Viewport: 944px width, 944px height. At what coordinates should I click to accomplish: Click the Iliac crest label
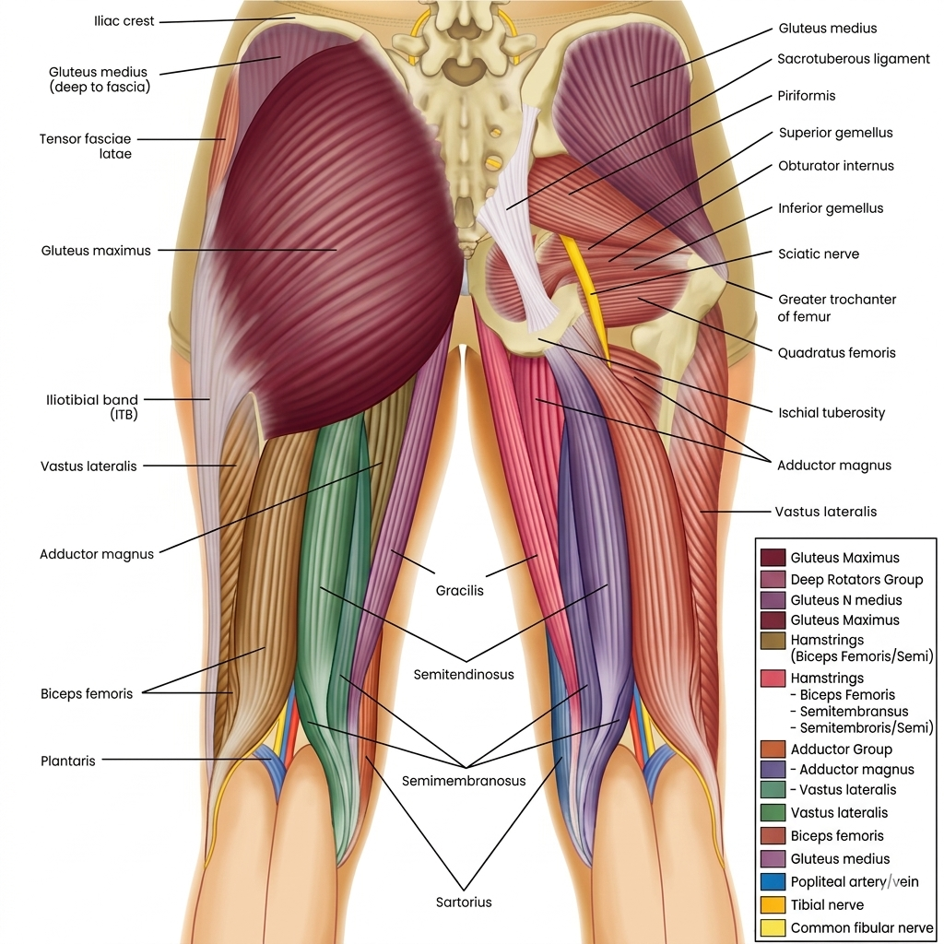tap(124, 21)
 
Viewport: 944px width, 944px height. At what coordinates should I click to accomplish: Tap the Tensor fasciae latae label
tap(86, 147)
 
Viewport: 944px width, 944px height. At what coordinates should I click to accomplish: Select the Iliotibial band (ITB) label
tap(92, 407)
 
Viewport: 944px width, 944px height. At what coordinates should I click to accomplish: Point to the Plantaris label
tap(67, 761)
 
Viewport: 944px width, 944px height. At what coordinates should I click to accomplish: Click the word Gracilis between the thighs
tap(459, 591)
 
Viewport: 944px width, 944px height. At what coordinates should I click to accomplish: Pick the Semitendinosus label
tap(464, 674)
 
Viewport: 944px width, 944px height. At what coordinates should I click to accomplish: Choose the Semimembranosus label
tap(464, 781)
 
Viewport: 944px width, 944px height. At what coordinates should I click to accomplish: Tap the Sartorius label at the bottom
tap(464, 902)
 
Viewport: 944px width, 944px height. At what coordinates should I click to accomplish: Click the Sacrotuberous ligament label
tap(853, 59)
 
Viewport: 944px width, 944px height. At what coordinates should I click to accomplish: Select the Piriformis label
tap(806, 96)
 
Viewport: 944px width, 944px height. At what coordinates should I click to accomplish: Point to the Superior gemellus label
tap(835, 133)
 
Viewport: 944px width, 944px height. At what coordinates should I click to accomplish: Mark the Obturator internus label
tap(835, 166)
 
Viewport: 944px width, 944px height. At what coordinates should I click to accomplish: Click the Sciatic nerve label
tap(819, 254)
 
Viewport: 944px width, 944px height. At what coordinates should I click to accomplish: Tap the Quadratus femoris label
tap(836, 353)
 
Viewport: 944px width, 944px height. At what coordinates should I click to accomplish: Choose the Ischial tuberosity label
tap(832, 413)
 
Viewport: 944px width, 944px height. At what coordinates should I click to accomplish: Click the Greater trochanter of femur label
tap(837, 308)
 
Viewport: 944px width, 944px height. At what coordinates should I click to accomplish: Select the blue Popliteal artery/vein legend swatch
tap(773, 881)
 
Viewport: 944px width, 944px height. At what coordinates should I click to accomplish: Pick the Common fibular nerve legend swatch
tap(773, 927)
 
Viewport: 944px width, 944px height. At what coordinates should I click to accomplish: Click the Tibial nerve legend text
tap(827, 905)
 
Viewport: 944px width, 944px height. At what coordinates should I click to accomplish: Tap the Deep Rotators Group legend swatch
tap(773, 579)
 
